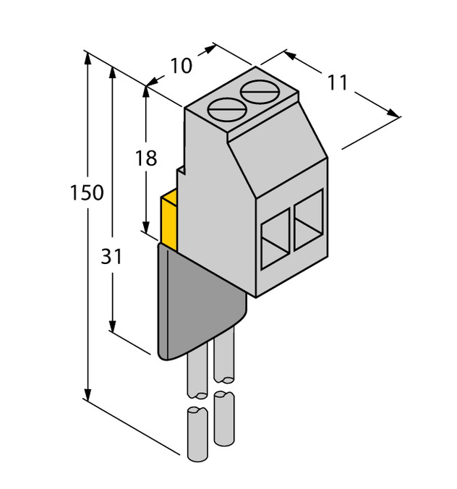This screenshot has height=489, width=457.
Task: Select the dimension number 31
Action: [111, 257]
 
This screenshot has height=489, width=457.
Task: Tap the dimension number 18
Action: [146, 158]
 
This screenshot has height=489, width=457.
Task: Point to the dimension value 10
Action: [181, 66]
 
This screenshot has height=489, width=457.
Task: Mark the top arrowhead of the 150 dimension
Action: [88, 56]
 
